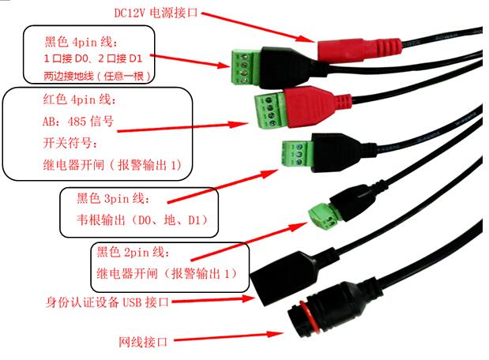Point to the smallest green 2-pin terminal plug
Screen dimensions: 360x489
[322, 213]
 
